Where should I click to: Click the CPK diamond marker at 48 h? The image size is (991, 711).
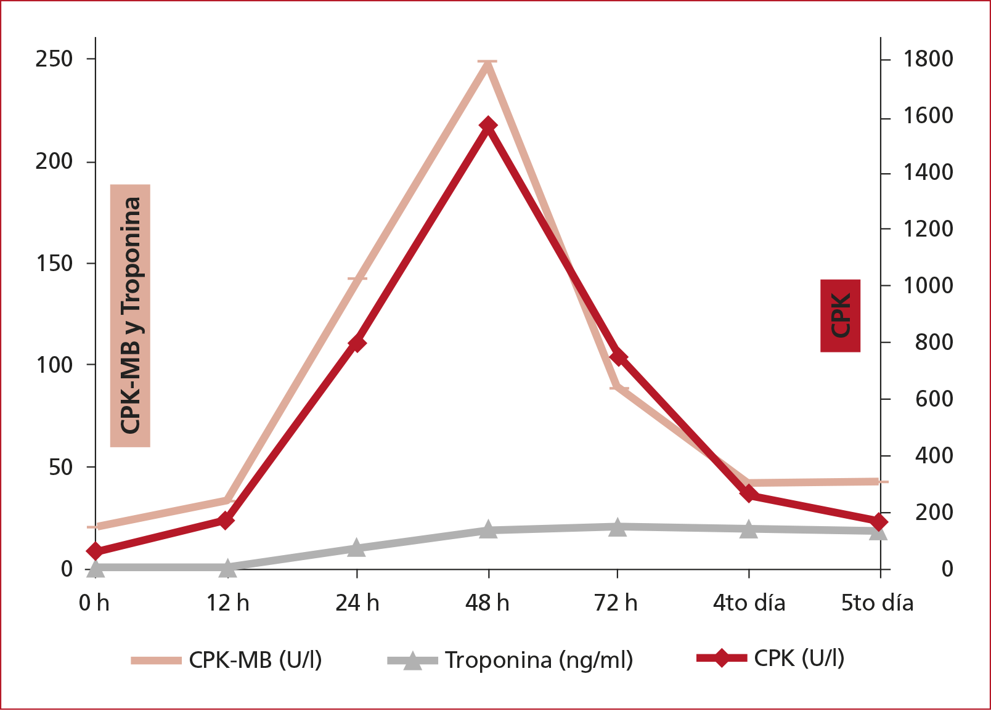click(x=488, y=126)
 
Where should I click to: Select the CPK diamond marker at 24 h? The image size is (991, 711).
click(x=357, y=343)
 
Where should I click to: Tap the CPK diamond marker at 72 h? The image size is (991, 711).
click(x=618, y=357)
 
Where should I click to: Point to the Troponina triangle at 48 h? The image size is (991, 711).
click(x=488, y=529)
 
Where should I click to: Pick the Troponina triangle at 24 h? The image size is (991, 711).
click(x=357, y=548)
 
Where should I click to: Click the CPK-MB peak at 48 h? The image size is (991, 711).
click(x=487, y=62)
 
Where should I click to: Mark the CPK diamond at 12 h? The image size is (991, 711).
click(x=226, y=521)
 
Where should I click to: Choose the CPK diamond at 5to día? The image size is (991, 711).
click(x=879, y=522)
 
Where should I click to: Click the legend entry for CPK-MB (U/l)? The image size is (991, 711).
click(x=226, y=660)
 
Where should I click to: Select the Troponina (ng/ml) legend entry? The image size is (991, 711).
click(x=510, y=660)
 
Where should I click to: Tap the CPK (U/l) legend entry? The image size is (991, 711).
click(x=770, y=659)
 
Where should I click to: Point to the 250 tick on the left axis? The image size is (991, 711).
click(x=54, y=59)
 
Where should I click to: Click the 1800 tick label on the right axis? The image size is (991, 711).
click(x=928, y=59)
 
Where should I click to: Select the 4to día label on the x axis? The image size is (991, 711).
click(x=749, y=603)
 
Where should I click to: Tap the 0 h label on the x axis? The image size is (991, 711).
click(x=94, y=603)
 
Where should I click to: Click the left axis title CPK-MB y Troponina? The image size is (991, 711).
click(x=131, y=315)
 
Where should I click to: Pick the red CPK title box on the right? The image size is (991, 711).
click(x=840, y=315)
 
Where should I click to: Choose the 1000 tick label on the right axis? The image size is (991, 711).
click(x=928, y=286)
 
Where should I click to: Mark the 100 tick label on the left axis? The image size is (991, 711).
click(x=54, y=365)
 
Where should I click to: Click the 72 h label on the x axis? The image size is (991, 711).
click(x=616, y=603)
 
